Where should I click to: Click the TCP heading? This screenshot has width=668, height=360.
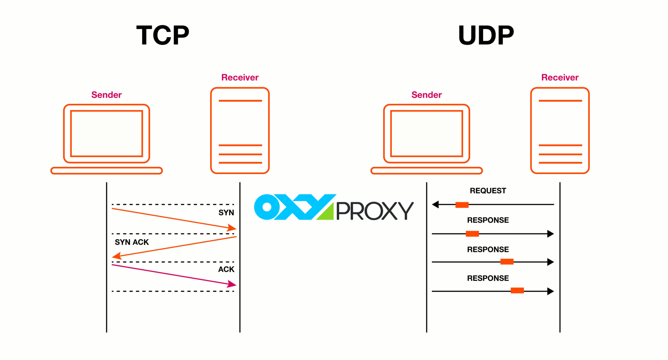pos(162,35)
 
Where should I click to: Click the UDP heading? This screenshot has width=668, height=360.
pos(486,35)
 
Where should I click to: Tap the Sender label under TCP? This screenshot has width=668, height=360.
pos(106,95)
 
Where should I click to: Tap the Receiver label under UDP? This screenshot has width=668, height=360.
pos(560,78)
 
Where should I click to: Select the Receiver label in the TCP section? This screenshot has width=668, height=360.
pos(240,78)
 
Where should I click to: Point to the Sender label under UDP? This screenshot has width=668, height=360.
pos(426,95)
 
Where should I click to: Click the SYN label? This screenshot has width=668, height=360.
pos(226,213)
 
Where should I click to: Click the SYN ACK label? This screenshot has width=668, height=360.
pos(132,242)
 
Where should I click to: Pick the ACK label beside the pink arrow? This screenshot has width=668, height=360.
pos(226,269)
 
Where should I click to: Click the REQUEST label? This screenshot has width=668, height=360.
pos(488,191)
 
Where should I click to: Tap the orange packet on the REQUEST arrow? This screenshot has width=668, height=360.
pos(462,205)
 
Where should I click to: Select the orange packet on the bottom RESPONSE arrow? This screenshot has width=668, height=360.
pos(517,291)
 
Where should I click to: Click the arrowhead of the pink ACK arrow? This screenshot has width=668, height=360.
pos(232,284)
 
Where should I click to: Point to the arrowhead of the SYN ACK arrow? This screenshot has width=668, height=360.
pos(116,256)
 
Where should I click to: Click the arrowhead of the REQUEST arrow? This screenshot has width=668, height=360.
pos(435,204)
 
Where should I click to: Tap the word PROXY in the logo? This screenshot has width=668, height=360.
pos(374,211)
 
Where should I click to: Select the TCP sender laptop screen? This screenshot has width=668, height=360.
pos(106,133)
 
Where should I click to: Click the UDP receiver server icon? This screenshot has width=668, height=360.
pos(560,130)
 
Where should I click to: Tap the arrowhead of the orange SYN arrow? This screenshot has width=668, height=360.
pos(232,228)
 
